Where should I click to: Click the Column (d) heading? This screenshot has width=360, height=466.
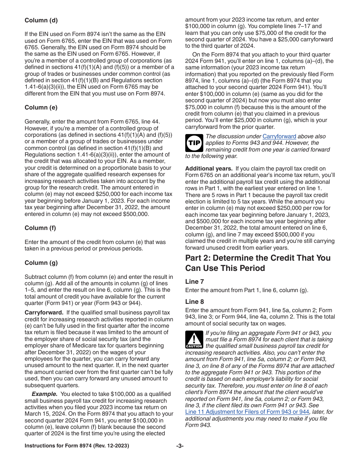point(41,20)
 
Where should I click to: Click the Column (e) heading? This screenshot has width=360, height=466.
point(41,107)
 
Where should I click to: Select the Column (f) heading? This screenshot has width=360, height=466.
point(41,228)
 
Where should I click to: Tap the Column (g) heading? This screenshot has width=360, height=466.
point(41,263)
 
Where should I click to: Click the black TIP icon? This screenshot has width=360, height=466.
point(194,143)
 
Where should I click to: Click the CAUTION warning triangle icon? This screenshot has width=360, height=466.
point(194,339)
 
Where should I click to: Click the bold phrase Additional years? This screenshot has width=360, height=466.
point(209,169)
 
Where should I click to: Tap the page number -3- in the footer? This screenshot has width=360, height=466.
point(180,446)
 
